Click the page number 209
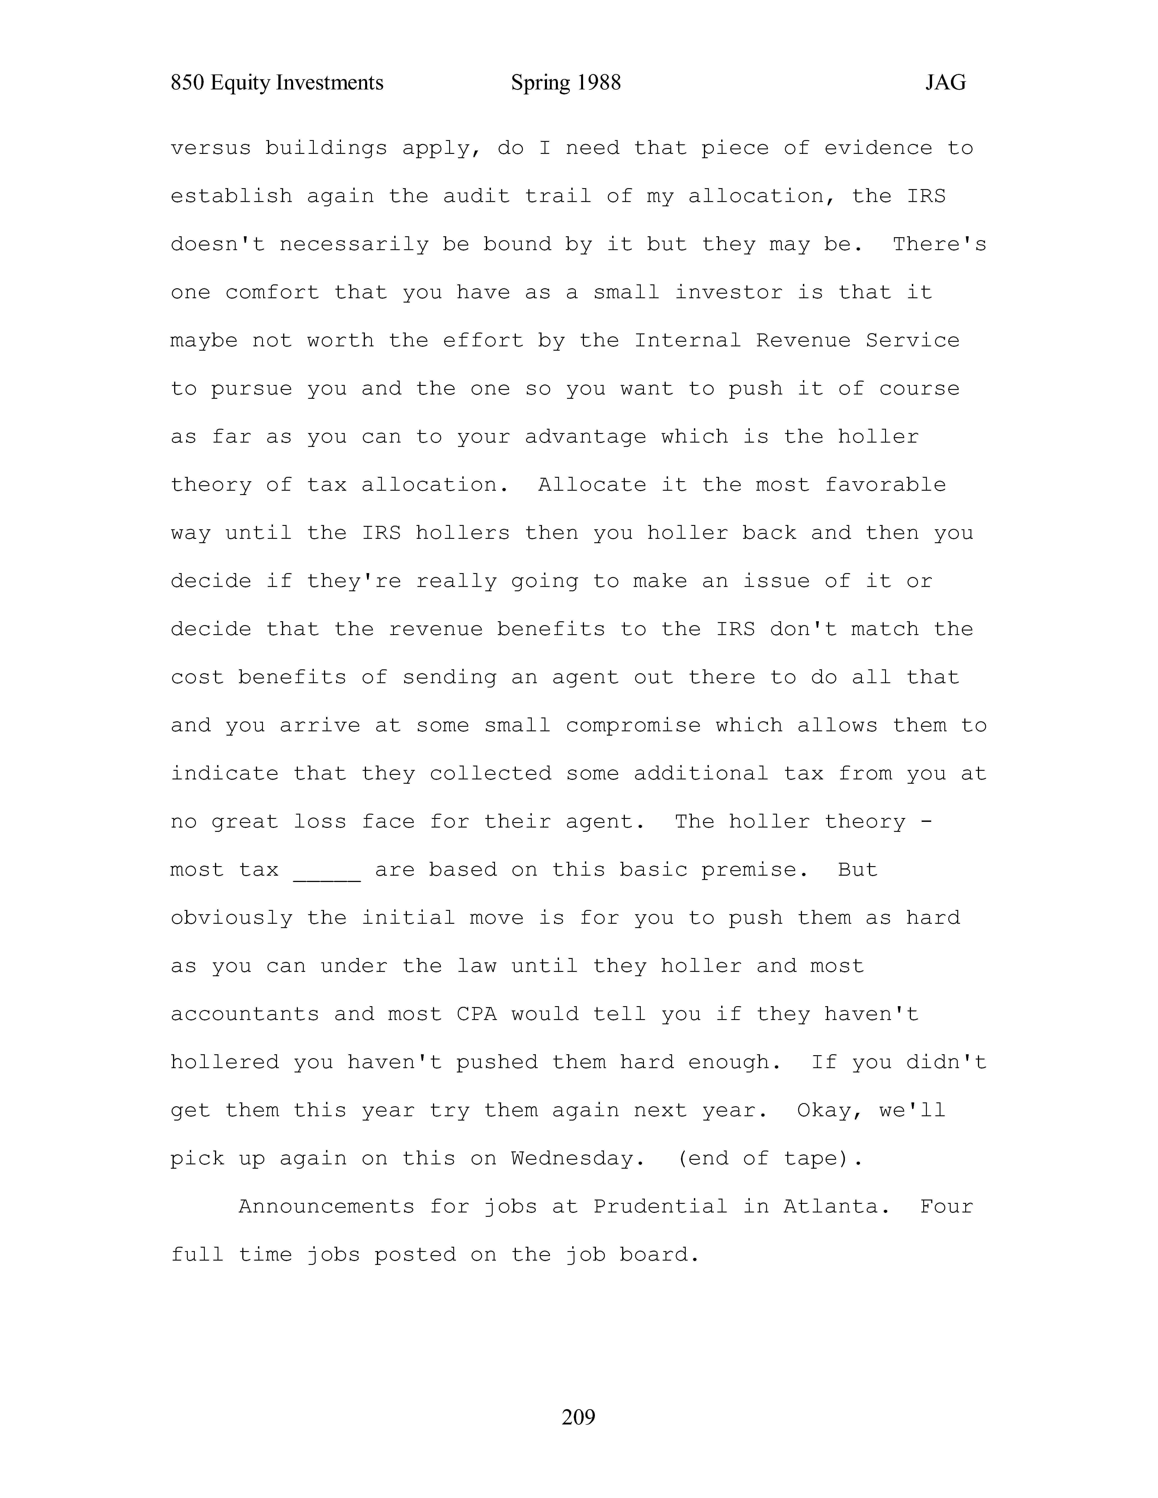[578, 1416]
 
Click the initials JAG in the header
[945, 83]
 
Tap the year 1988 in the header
[598, 83]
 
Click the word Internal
[687, 341]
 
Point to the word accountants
[245, 1015]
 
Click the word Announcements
[327, 1207]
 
